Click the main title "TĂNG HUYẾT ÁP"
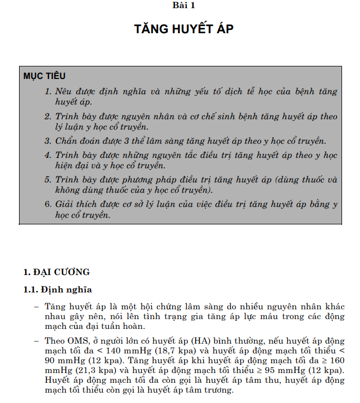[184, 29]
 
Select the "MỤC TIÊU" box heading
[44, 76]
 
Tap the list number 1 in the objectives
[48, 91]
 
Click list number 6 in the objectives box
[48, 205]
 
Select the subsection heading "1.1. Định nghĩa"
[58, 289]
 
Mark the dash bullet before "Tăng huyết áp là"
[36, 307]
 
